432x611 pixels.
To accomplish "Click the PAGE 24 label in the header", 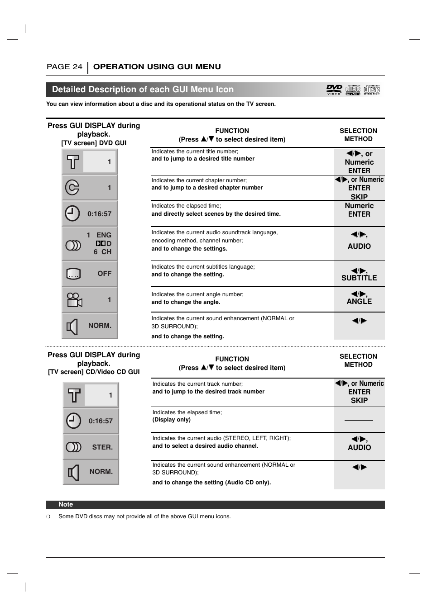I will [x=64, y=67].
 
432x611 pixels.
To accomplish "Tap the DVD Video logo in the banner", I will [x=334, y=90].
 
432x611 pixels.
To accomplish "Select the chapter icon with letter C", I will [x=72, y=187].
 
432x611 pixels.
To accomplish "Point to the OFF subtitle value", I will [x=104, y=274].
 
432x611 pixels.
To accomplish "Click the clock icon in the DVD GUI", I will [x=72, y=213].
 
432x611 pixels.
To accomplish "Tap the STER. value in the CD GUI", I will [x=102, y=447].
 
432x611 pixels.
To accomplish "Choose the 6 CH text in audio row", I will [x=102, y=252].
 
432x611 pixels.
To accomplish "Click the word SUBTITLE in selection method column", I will [x=359, y=278].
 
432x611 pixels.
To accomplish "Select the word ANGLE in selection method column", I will [x=359, y=302].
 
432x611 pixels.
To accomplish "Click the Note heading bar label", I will [x=66, y=504].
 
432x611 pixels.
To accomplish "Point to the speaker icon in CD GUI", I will [x=73, y=472].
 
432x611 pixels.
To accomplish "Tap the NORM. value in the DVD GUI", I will [x=100, y=326].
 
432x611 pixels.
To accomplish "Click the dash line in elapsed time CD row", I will [x=359, y=420].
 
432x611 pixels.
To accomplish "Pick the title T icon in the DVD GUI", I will [x=73, y=162].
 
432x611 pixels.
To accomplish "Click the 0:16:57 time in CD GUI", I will [x=101, y=421].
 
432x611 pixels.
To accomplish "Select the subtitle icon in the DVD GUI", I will [x=73, y=274].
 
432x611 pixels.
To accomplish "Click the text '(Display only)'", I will [x=171, y=420].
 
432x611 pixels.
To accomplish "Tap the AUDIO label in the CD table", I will [x=359, y=448].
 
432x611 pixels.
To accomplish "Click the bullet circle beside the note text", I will [x=48, y=516].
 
